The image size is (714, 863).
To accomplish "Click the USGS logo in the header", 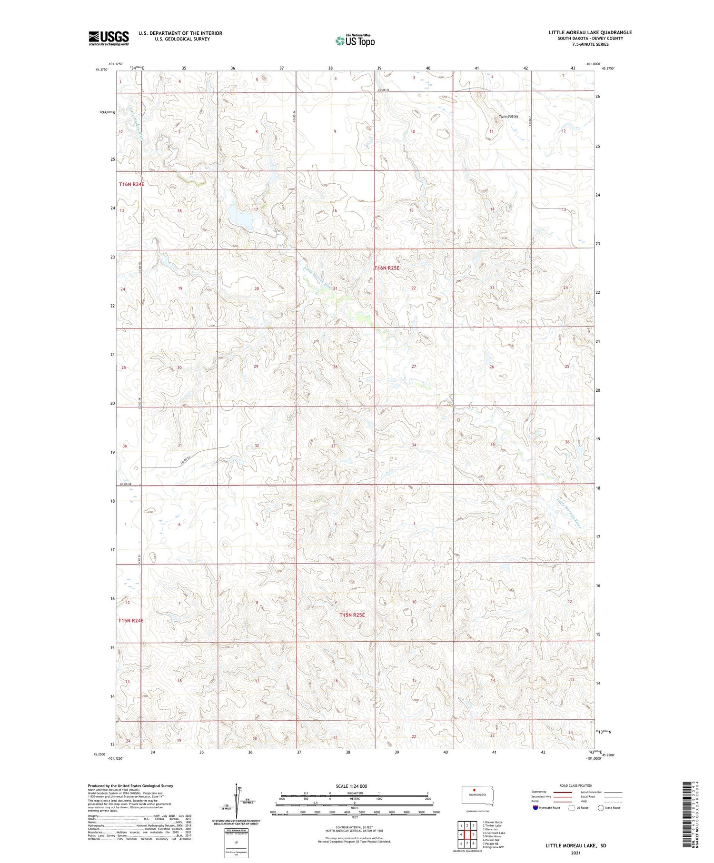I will tap(109, 38).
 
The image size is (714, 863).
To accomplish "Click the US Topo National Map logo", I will tap(355, 40).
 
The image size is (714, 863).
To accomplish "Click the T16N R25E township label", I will tap(387, 268).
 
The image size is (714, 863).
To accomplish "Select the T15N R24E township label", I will tap(131, 620).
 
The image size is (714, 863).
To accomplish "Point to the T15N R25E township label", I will tap(352, 615).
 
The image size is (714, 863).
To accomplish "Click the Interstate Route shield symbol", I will tap(535, 808).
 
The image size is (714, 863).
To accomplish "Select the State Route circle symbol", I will tap(601, 808).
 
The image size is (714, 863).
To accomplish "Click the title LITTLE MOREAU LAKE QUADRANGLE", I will tap(590, 32).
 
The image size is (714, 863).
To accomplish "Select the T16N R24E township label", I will tap(131, 184).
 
